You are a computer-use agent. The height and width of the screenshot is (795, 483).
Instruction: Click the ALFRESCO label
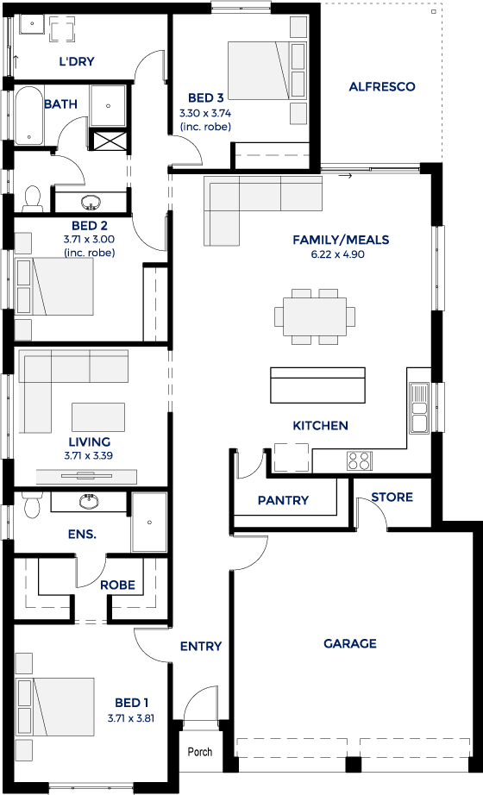(381, 86)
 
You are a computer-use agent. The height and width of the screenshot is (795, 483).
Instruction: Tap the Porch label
(200, 752)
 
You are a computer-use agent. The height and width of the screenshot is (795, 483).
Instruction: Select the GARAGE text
(349, 643)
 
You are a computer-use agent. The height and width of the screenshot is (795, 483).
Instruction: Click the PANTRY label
(283, 500)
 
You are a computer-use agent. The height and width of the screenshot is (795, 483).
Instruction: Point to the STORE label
(392, 498)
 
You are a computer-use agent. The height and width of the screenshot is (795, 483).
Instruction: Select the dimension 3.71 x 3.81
(130, 717)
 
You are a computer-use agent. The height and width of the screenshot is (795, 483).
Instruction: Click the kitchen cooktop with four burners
(359, 460)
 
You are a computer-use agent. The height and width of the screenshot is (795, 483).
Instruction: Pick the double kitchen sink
(420, 408)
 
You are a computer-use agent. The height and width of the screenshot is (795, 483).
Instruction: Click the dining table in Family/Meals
(315, 316)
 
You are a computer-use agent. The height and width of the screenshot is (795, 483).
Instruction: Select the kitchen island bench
(317, 385)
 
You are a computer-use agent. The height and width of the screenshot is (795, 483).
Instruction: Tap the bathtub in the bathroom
(30, 115)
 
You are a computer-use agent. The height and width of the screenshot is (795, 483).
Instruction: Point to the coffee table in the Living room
(97, 416)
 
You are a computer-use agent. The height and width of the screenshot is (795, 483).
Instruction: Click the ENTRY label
(201, 646)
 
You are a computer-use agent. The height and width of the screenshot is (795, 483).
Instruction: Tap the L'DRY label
(77, 61)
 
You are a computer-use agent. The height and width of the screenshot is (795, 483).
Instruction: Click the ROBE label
(117, 585)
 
